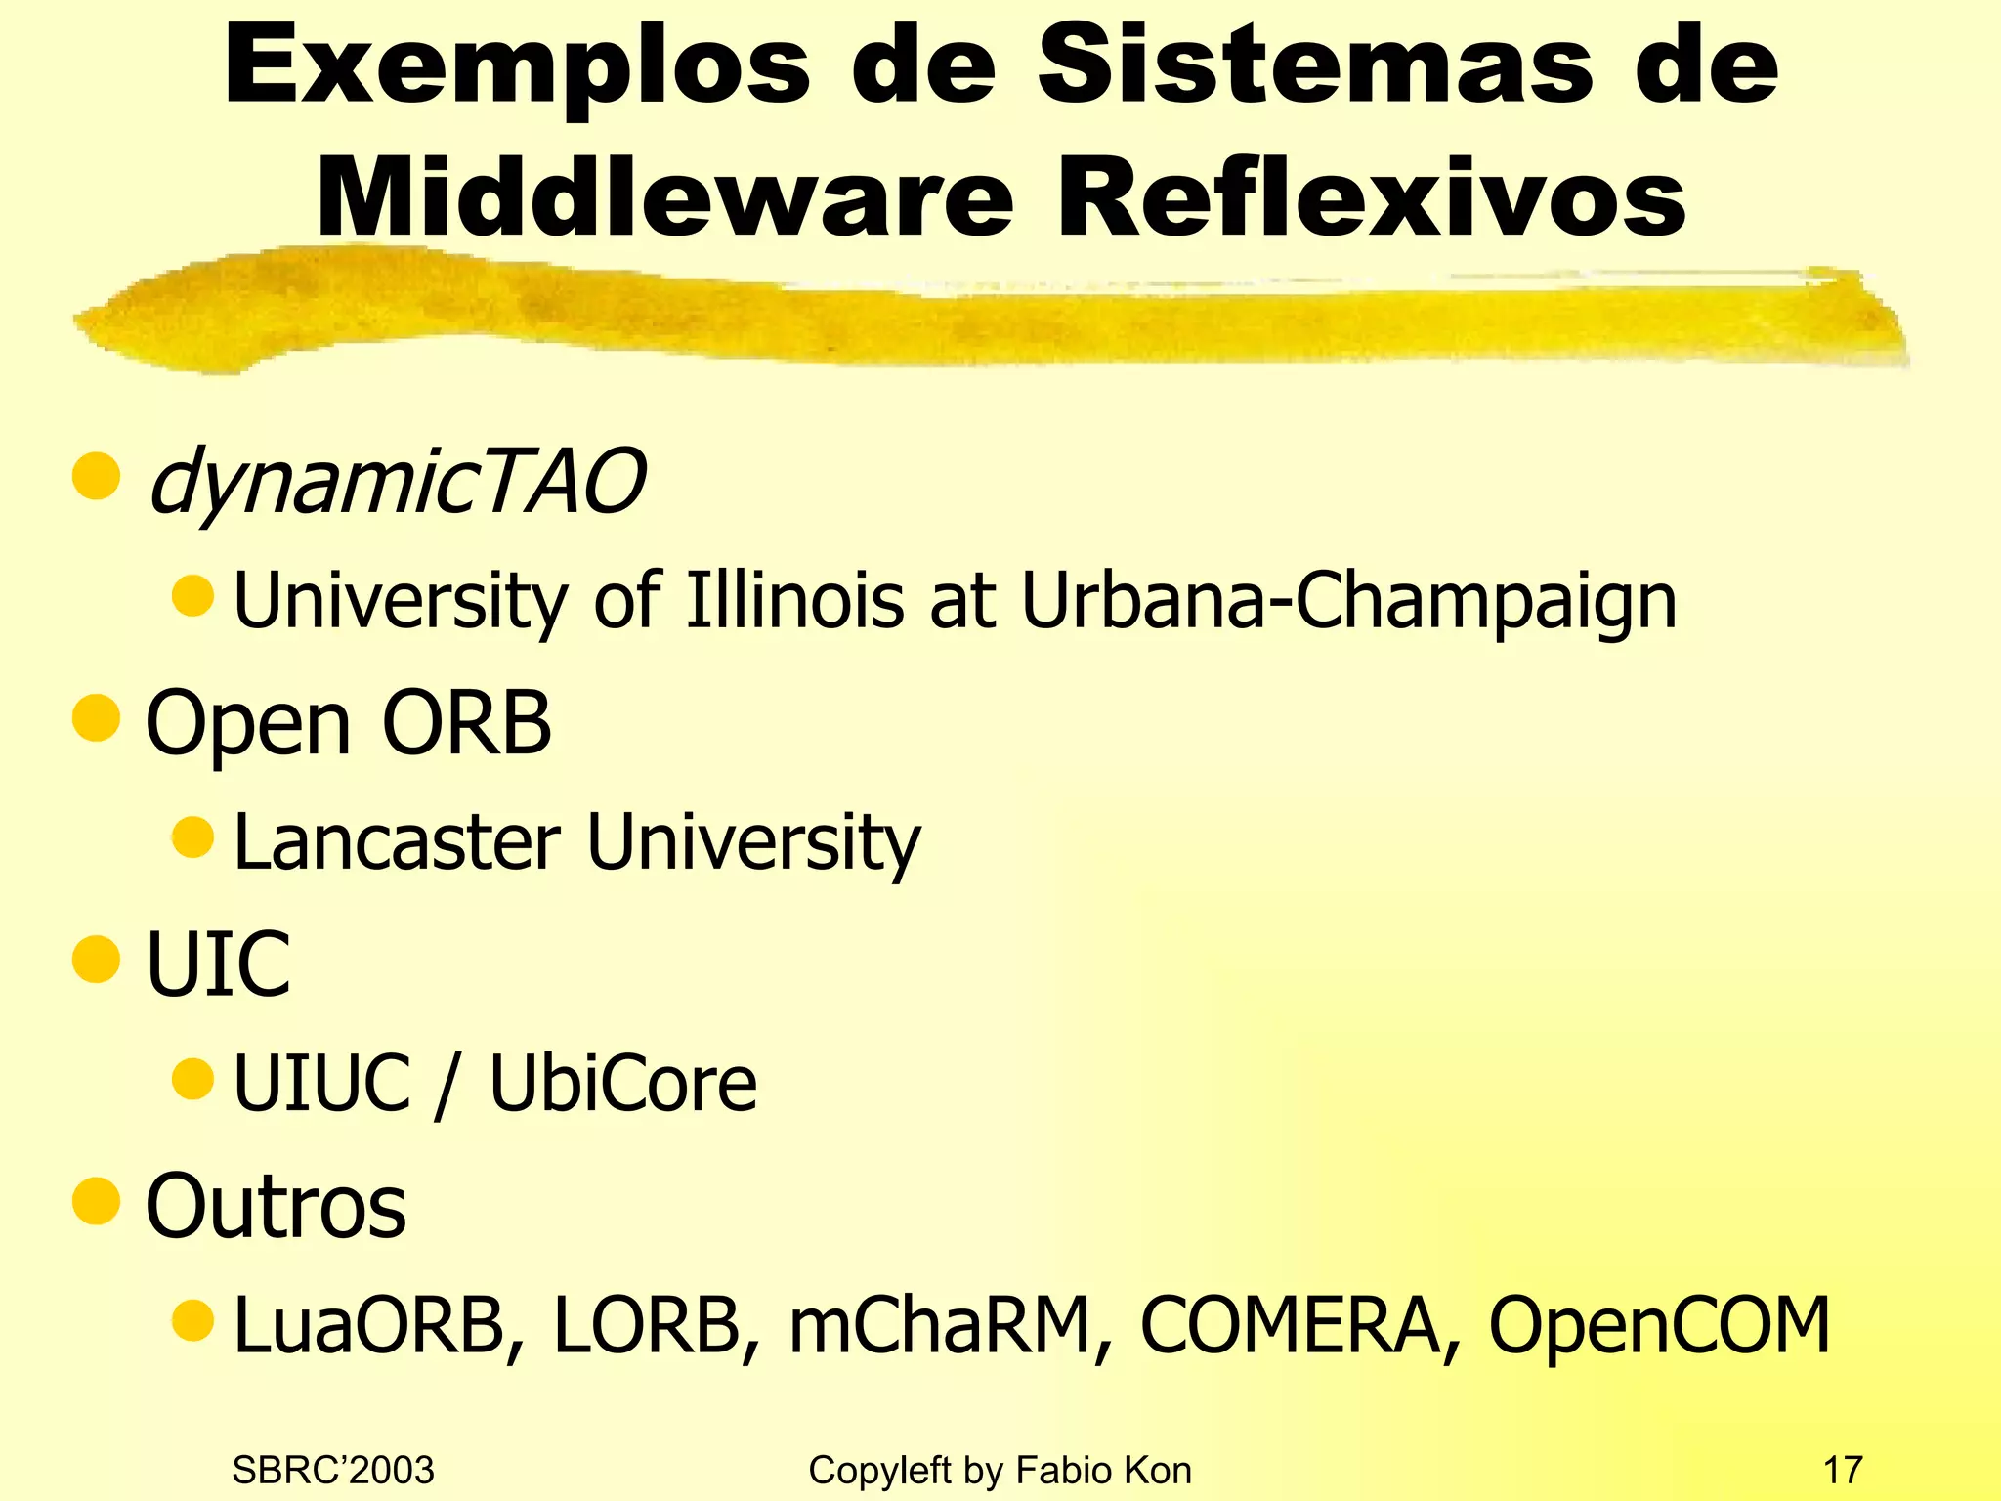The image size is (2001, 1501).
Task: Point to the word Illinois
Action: (x=794, y=600)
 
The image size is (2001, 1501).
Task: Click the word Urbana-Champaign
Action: (x=1348, y=602)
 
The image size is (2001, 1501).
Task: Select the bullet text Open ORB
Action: (x=348, y=724)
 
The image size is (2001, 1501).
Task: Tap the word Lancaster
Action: (x=397, y=841)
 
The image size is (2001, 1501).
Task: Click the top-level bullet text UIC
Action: (x=218, y=965)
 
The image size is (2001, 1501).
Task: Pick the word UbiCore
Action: (x=622, y=1084)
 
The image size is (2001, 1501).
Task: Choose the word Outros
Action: (x=276, y=1207)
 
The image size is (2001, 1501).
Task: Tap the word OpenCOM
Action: (x=1659, y=1326)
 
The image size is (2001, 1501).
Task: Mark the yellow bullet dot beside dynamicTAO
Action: (x=96, y=476)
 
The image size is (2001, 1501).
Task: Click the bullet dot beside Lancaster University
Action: (x=192, y=836)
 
